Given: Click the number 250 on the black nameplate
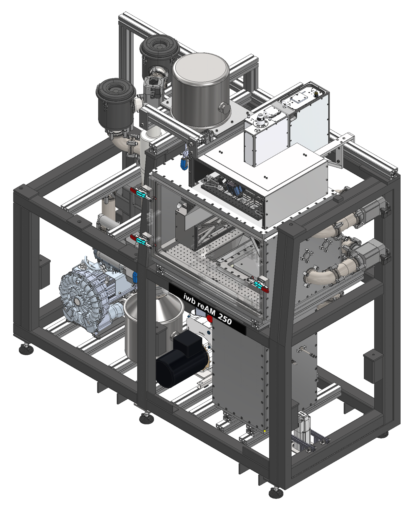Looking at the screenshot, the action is (x=225, y=318).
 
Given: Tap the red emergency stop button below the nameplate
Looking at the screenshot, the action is (x=210, y=318).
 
